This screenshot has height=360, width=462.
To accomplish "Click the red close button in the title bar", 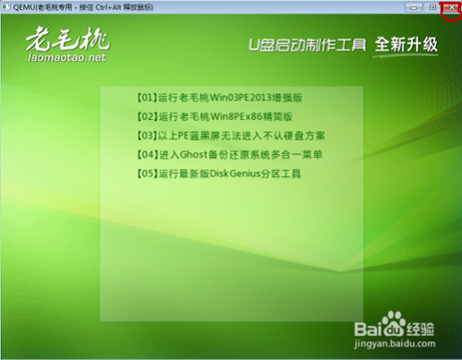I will pyautogui.click(x=451, y=7).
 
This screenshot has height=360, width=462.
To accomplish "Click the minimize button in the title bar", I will pyautogui.click(x=417, y=7).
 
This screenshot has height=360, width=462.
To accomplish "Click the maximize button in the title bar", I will pyautogui.click(x=433, y=7).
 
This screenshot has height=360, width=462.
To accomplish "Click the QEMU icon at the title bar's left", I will pyautogui.click(x=6, y=7).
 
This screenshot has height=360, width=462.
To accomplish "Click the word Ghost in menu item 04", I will pyautogui.click(x=187, y=153).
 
